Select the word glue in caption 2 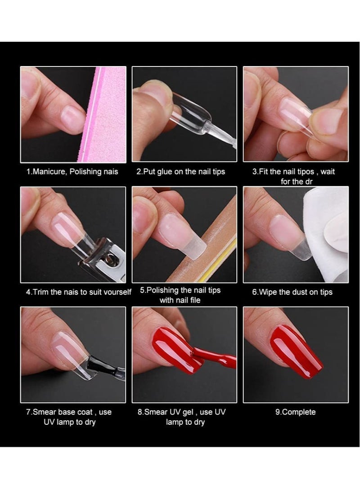(x=168, y=172)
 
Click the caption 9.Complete (x=296, y=412)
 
